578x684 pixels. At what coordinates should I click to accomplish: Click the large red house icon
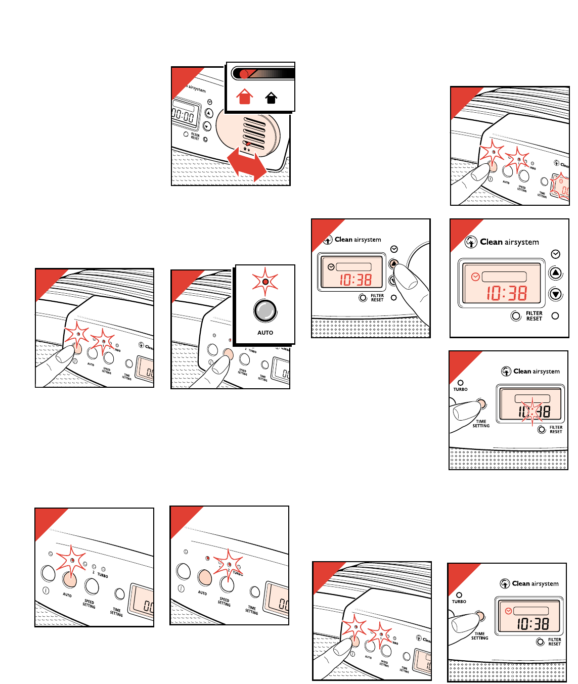(x=245, y=96)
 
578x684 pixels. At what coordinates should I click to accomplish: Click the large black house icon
(x=272, y=97)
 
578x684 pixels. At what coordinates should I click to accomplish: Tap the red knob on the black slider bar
(x=244, y=74)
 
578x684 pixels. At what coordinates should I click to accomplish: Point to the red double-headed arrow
(x=246, y=163)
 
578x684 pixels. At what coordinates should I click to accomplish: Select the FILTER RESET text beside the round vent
(x=195, y=136)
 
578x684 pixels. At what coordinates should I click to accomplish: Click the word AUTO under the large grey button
(x=265, y=333)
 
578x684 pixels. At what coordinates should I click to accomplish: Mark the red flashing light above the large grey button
(x=265, y=281)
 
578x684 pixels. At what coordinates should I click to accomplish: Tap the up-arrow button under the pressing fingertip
(x=394, y=264)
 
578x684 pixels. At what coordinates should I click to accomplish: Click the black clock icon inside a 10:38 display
(x=331, y=267)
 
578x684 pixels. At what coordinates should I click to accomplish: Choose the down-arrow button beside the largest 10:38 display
(x=556, y=294)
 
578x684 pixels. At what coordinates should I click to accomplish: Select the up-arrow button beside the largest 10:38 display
(x=556, y=273)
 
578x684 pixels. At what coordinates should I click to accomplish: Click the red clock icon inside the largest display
(x=475, y=277)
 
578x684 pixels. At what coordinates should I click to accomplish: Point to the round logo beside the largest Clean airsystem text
(x=471, y=242)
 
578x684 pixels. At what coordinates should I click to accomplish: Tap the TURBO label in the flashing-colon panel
(x=460, y=389)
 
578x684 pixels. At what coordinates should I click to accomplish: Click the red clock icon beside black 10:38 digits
(x=508, y=611)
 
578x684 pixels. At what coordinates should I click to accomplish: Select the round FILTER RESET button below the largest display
(x=516, y=316)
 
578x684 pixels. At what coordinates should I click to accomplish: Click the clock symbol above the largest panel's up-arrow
(x=555, y=254)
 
